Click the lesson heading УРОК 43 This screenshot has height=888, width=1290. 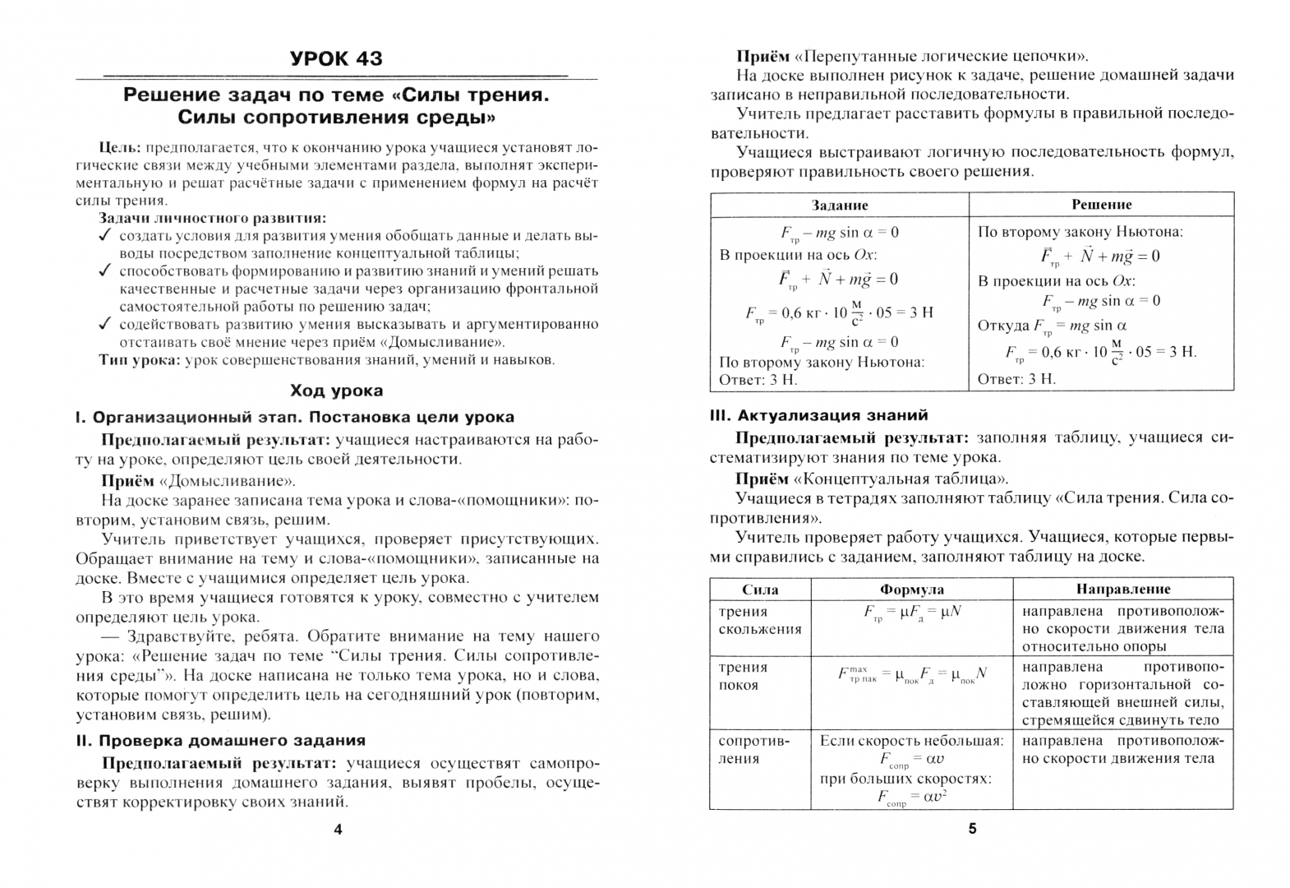(336, 58)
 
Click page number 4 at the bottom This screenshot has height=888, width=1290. (338, 829)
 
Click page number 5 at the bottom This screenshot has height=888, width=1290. (972, 829)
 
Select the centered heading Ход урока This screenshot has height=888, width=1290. (336, 391)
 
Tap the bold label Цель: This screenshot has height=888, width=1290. (121, 147)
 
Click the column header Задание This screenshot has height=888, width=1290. (840, 205)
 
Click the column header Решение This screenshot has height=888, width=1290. (1101, 204)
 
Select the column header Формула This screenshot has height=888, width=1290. (911, 589)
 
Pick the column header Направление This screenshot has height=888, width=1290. (1122, 589)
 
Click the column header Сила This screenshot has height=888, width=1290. (760, 589)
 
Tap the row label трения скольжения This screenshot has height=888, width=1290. (749, 621)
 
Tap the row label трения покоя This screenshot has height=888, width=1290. (743, 676)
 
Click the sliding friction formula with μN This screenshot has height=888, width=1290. (912, 613)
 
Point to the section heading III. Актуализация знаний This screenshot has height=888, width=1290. (818, 415)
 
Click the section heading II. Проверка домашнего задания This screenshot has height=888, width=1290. (220, 740)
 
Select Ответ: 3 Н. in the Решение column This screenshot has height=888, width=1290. (1016, 378)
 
